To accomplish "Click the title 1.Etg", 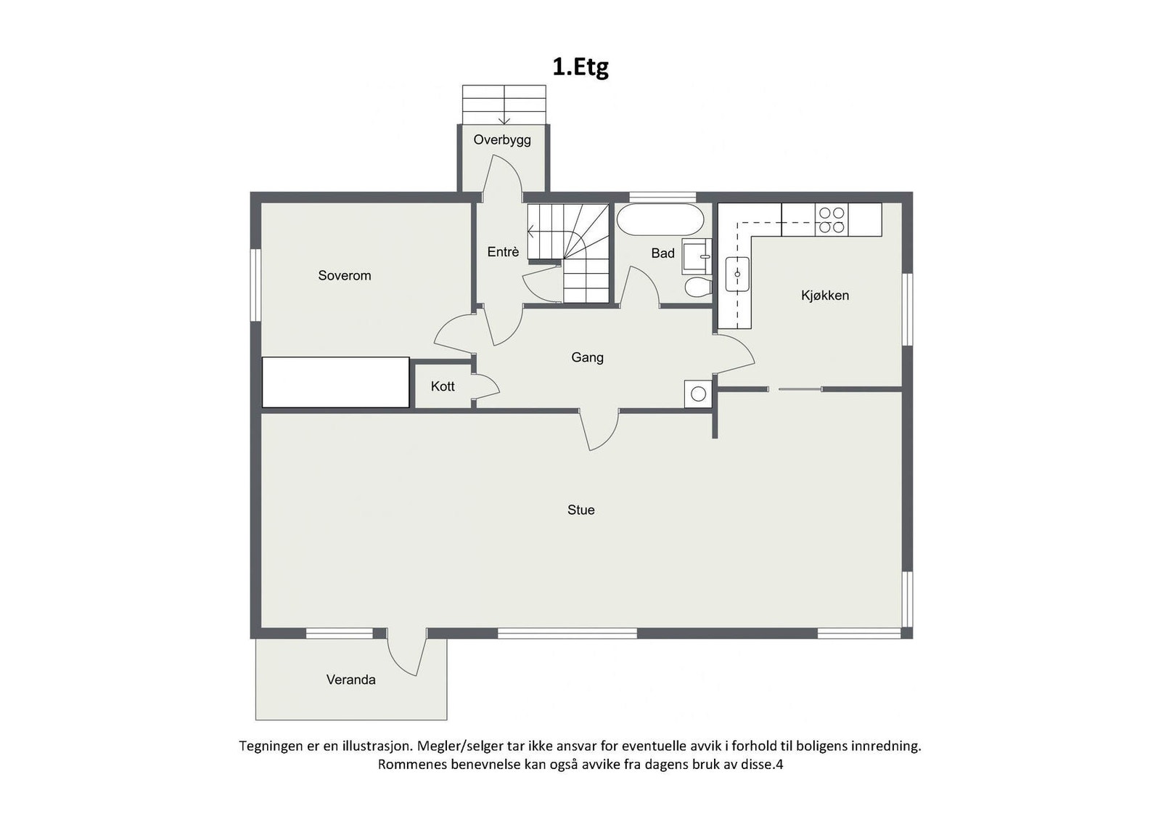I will pos(580,67).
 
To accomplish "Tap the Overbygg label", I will pos(502,139).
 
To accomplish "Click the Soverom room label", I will pos(344,275).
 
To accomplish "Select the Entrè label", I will pos(503,252).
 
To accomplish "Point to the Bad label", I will pos(662,253).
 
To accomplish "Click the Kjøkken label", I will pos(825,295).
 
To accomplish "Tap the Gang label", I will pos(587,357).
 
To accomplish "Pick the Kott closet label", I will pos(443,386).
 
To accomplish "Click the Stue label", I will pos(580,510).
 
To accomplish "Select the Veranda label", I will pos(350,680).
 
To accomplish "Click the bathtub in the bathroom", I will pos(660,219).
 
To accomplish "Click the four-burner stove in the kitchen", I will pos(831,219).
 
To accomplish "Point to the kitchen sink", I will pos(737,274).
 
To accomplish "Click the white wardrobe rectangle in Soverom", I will pos(335,382).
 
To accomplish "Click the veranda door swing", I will pos(406,654).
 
